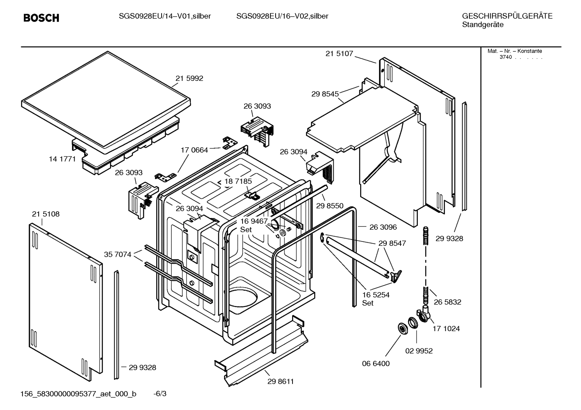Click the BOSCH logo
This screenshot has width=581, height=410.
[41, 18]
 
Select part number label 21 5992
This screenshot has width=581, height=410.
[189, 78]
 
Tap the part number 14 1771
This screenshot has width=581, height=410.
[62, 159]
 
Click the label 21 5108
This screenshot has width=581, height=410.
[46, 214]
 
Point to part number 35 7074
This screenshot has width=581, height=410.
[117, 254]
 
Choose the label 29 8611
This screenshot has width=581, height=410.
[280, 381]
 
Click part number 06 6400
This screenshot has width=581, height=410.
[376, 363]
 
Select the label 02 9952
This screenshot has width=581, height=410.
[419, 351]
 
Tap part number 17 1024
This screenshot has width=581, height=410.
[446, 328]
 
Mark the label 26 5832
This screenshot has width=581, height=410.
[447, 302]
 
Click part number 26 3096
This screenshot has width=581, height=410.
[383, 227]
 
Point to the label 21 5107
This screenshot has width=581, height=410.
[339, 54]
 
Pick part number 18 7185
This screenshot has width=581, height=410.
[238, 181]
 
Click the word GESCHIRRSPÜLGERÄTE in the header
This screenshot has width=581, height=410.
[507, 16]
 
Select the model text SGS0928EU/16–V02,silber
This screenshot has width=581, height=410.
[282, 16]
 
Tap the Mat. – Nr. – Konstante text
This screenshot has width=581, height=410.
[515, 51]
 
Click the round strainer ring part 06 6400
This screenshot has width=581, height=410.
[402, 328]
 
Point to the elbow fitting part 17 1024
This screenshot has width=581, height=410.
[424, 314]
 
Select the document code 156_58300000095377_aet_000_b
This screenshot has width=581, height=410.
[78, 394]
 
